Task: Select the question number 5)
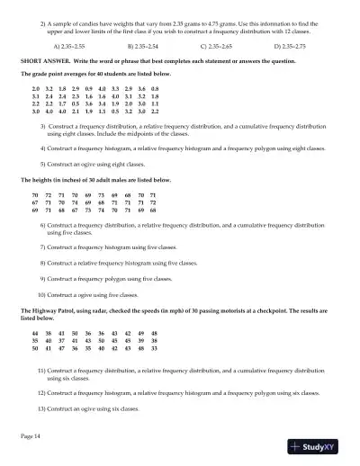pyautogui.click(x=43, y=165)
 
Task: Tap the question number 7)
pyautogui.click(x=43, y=246)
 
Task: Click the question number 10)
pyautogui.click(x=41, y=294)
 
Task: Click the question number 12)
pyautogui.click(x=41, y=392)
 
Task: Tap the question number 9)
pyautogui.click(x=43, y=278)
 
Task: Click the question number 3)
pyautogui.click(x=43, y=126)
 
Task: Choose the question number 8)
pyautogui.click(x=43, y=262)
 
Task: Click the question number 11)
pyautogui.click(x=41, y=370)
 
